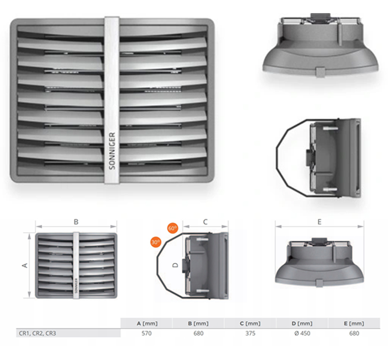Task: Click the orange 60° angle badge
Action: (173, 228)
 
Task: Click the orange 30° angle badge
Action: (156, 242)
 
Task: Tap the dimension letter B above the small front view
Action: (76, 222)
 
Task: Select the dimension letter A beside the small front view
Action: (25, 266)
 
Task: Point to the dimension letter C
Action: (205, 222)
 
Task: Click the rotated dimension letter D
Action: (175, 265)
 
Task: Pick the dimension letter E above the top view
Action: (320, 222)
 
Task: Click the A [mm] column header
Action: (147, 323)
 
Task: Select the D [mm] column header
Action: (302, 323)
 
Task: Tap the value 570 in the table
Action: (146, 333)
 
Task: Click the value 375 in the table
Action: (250, 333)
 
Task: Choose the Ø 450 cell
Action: (302, 333)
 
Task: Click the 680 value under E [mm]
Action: (354, 333)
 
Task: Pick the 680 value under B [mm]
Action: (198, 333)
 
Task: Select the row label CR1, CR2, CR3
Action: (37, 333)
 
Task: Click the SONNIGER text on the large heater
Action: (112, 151)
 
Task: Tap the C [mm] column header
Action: (250, 323)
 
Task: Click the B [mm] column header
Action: (198, 323)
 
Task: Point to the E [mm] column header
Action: (354, 323)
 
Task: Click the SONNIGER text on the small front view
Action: (76, 285)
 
